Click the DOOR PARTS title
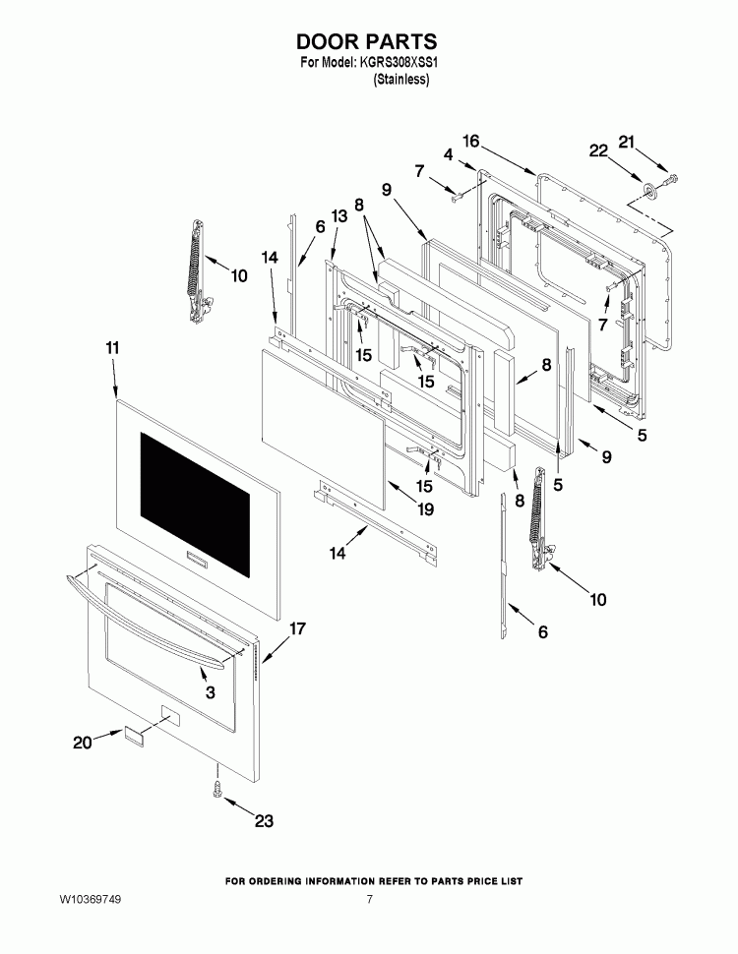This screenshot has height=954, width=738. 367,41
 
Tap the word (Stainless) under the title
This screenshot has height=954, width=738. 401,79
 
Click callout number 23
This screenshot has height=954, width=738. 264,821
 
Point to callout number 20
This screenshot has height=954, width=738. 83,743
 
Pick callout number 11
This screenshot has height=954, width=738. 112,348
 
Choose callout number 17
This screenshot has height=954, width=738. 296,627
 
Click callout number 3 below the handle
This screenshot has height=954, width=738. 210,692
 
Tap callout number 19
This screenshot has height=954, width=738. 425,509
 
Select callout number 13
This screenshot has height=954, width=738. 338,216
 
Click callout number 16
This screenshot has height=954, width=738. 470,142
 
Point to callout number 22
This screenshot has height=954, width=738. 598,150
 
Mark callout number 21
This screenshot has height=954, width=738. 627,143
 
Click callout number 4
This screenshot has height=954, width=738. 448,155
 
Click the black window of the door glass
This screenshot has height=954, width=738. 195,505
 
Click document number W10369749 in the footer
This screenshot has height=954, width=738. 91,899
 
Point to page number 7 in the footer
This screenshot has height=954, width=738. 369,899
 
